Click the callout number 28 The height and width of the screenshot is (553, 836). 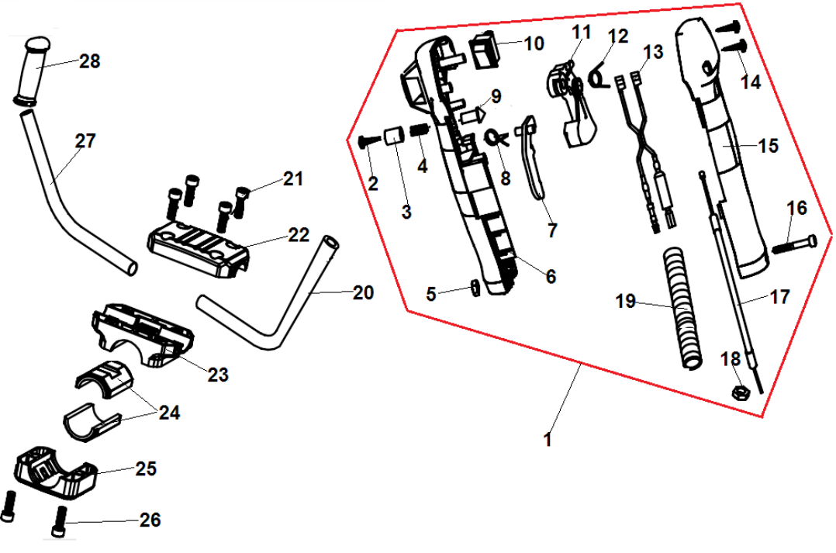point(90,61)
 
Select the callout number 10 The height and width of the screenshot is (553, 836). point(534,43)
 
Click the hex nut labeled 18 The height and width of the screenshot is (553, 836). point(739,391)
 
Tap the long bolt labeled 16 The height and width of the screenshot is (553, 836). point(794,244)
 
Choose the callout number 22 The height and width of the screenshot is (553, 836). point(299,233)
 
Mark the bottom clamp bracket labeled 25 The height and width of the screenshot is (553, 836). point(54,472)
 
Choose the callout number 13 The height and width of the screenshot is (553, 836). point(653,52)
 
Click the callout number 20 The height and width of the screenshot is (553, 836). point(362,293)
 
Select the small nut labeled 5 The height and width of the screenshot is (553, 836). point(472,289)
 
